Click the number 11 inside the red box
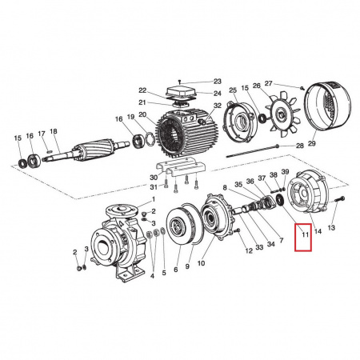click(x=305, y=237)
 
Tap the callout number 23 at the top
click(x=216, y=82)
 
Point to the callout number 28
click(x=299, y=146)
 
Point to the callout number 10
click(x=201, y=262)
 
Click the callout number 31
click(x=154, y=187)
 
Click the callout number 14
click(x=318, y=230)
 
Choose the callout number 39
click(x=286, y=174)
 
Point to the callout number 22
click(x=142, y=90)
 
